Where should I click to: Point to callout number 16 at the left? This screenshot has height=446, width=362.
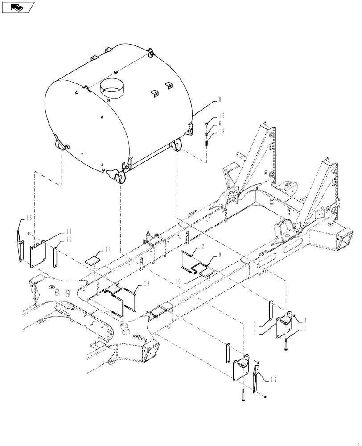[29, 218]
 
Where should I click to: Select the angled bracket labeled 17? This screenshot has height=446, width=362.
[256, 378]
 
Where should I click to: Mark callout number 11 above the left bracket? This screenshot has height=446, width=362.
[69, 231]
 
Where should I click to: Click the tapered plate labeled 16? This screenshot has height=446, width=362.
[20, 241]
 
